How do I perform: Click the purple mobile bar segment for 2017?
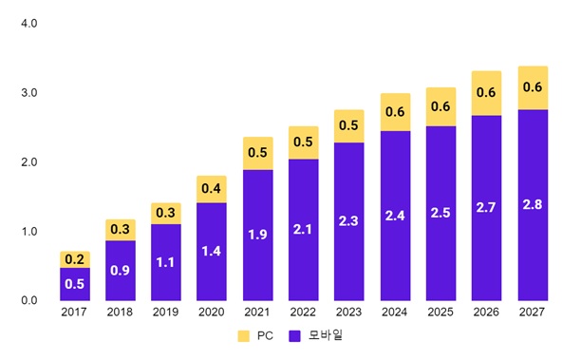coord(75,284)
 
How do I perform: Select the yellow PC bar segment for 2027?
coord(533,87)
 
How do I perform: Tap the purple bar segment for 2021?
coord(257,236)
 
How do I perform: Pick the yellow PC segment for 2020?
coord(212,189)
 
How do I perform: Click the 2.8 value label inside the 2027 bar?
coord(533,204)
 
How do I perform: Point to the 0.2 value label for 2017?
coord(75,259)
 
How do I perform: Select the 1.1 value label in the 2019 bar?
coord(166,261)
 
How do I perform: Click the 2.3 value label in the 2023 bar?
coord(348,220)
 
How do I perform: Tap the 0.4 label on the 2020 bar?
coord(212,189)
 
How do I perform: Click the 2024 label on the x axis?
coord(395,313)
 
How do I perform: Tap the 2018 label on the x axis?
coord(121,313)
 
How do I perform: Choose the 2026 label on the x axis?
coord(487,313)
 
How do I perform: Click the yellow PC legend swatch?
coord(243,335)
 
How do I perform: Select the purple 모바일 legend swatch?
coord(294,335)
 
